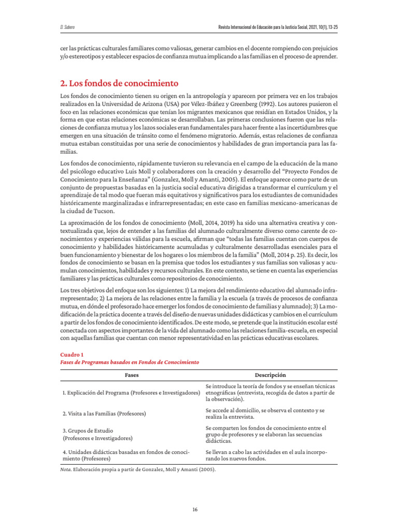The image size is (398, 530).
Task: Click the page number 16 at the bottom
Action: [x=195, y=509]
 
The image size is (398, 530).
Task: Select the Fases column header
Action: [x=132, y=375]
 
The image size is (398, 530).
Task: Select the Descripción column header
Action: [x=270, y=375]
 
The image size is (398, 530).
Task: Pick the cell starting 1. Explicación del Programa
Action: [x=131, y=393]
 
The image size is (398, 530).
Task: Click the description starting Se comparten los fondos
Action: [x=266, y=434]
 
